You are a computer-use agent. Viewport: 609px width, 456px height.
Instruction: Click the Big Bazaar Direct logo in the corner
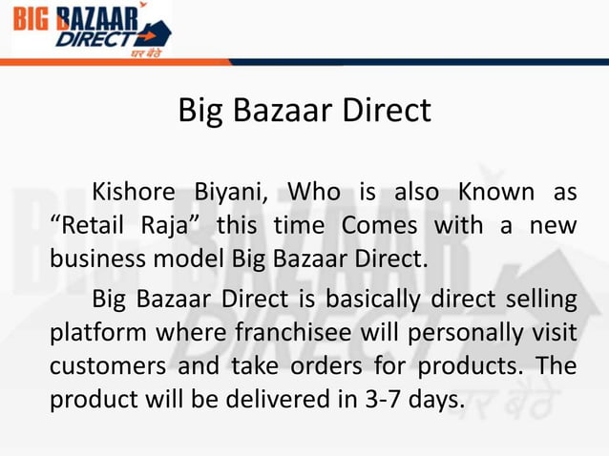tap(91, 31)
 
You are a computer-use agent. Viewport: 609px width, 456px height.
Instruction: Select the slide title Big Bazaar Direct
tap(304, 111)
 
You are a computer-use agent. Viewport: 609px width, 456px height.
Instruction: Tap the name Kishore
tap(135, 193)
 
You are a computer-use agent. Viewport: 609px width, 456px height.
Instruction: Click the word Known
tap(495, 193)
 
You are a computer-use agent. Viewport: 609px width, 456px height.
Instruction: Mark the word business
tap(94, 259)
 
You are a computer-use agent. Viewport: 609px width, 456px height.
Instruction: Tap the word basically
tap(371, 301)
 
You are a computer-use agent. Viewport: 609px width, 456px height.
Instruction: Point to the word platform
tap(90, 334)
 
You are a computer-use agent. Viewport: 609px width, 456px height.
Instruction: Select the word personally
tap(441, 334)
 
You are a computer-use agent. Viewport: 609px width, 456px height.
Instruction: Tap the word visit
tap(553, 334)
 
